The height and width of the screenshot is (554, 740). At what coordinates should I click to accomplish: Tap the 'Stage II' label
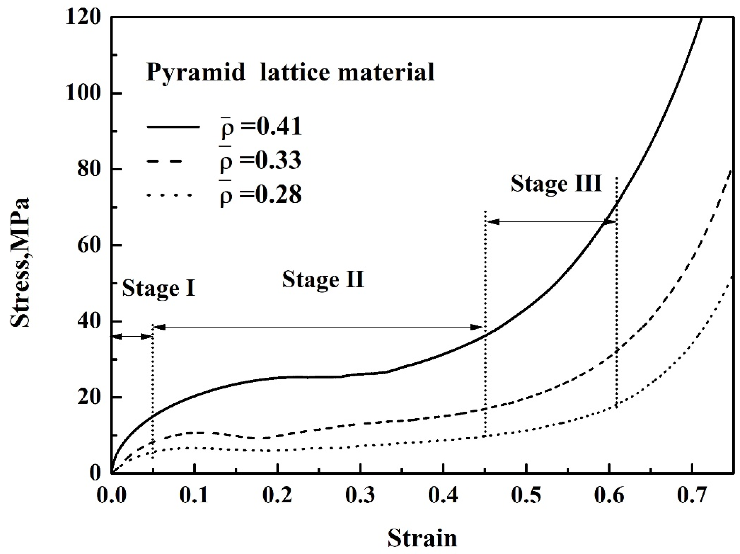tap(323, 280)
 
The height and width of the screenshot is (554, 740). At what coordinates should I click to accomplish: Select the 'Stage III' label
tap(556, 183)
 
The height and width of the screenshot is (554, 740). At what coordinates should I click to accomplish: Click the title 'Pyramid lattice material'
tap(290, 72)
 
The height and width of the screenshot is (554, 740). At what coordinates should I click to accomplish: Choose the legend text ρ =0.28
tap(260, 195)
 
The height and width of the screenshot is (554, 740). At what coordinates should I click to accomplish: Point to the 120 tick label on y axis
tap(83, 17)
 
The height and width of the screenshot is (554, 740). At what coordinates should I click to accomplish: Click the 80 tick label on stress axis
tap(89, 170)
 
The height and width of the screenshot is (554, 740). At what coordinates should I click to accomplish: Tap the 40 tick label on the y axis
tap(89, 322)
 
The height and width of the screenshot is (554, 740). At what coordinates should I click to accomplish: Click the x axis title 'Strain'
tap(422, 538)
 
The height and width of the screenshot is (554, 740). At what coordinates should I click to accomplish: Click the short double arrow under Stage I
tap(132, 336)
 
